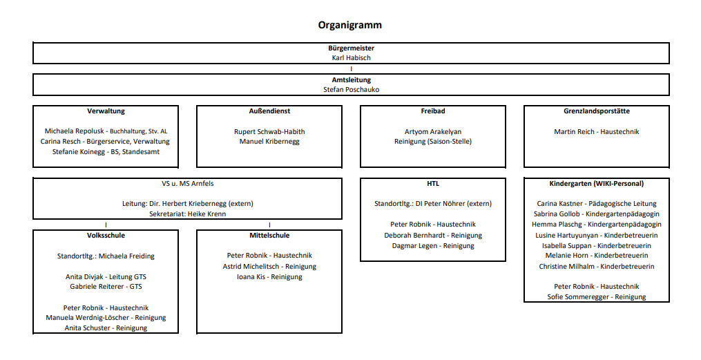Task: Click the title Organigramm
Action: coord(350,25)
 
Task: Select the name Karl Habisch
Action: coord(351,57)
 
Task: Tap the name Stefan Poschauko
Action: coord(351,89)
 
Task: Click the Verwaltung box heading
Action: coord(106,111)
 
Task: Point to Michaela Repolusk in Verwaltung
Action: coord(75,131)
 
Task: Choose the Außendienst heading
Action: coord(269,111)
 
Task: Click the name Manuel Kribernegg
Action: coord(269,142)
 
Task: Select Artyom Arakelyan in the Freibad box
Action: coord(433,131)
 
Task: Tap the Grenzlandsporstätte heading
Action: coord(597,111)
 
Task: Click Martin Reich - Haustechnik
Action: coord(597,131)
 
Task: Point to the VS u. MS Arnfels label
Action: coord(188,183)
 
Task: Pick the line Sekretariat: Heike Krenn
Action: coord(188,214)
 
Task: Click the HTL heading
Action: coord(433,183)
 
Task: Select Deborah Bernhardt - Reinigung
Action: coord(433,235)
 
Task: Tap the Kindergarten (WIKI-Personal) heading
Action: coord(597,183)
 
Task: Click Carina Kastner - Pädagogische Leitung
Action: coord(597,203)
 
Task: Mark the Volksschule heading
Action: coord(106,235)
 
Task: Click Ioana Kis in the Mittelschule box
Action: coord(251,277)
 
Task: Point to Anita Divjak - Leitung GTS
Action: coord(106,277)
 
